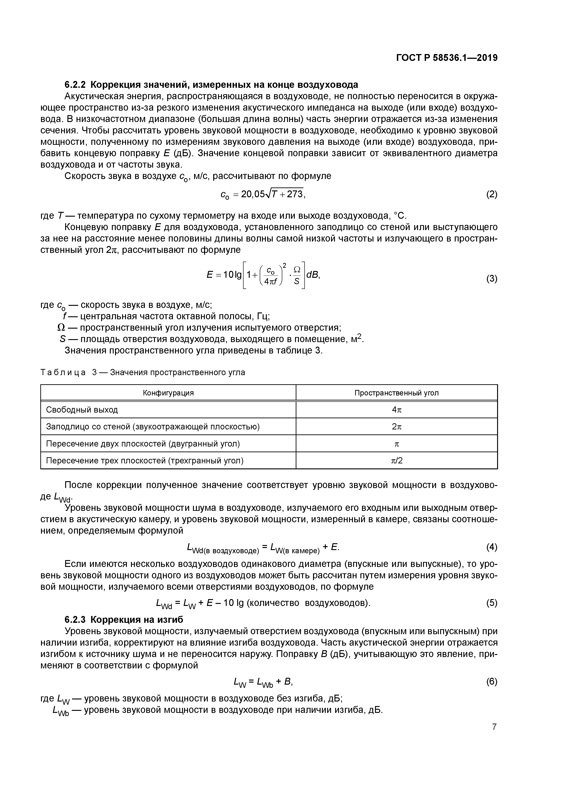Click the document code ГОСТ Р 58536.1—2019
tap(447, 58)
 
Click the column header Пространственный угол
tap(396, 393)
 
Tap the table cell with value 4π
tap(396, 410)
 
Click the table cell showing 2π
tap(396, 426)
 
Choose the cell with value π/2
tap(396, 461)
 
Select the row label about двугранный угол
tap(143, 444)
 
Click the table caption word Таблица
tap(63, 372)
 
